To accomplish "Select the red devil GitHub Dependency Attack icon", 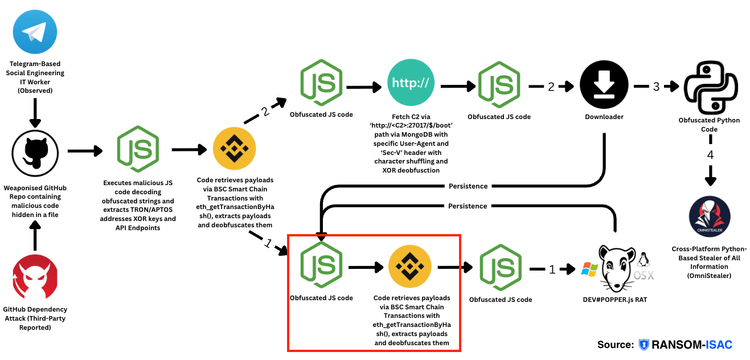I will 35,278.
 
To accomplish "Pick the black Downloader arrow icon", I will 604,85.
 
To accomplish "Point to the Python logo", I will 710,86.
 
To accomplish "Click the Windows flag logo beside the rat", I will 588,268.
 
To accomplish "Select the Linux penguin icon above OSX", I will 644,259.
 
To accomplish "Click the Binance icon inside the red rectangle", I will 410,267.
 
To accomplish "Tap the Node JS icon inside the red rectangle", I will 321,264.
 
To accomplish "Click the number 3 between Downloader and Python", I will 655,87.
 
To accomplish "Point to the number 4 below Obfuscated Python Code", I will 710,154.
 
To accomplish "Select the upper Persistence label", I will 468,186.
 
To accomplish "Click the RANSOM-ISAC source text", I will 691,345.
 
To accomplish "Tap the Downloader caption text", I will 604,117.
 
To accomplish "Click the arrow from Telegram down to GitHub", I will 35,113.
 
